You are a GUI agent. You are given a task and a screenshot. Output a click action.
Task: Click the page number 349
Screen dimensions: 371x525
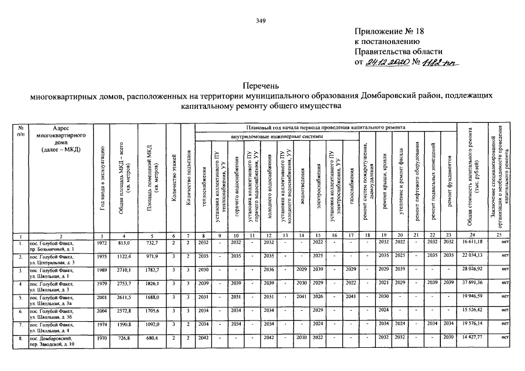(x=260, y=21)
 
